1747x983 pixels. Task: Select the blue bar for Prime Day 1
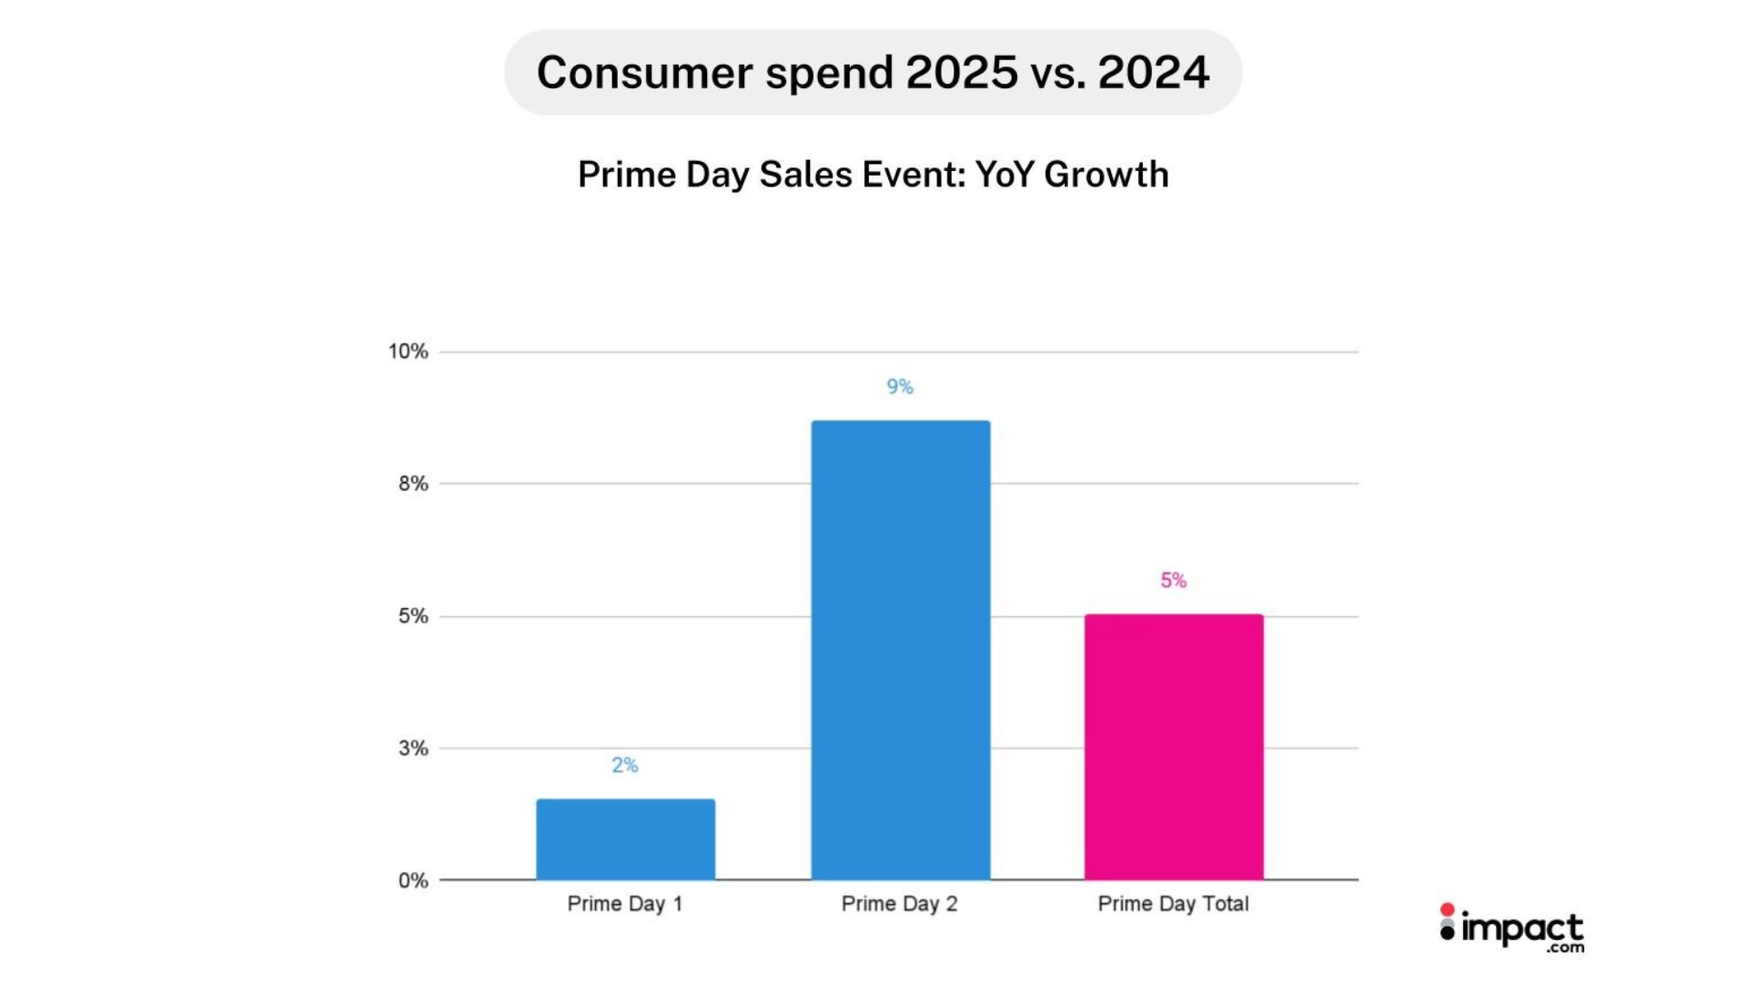pos(625,838)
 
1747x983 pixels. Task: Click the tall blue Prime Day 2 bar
pos(900,650)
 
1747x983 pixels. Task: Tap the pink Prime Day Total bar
pos(1174,746)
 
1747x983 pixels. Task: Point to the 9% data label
pos(900,387)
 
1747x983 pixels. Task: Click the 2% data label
pos(625,765)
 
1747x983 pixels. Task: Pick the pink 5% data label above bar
pos(1174,581)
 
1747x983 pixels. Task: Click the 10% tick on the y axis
pos(408,351)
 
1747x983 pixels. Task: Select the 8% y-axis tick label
pos(413,484)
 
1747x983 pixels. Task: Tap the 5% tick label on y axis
pos(413,616)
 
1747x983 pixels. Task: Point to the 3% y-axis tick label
pos(413,748)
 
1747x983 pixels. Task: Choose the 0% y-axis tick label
pos(413,880)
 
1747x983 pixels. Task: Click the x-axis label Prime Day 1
pos(625,904)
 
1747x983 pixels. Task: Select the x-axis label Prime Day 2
pos(900,904)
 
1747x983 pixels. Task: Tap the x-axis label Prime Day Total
pos(1174,904)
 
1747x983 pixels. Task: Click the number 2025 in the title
pos(962,73)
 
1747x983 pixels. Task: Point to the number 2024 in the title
pos(1154,73)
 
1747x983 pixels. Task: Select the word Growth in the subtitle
pos(1106,175)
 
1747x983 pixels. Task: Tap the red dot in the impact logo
pos(1447,909)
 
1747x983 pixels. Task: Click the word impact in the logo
pos(1522,929)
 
